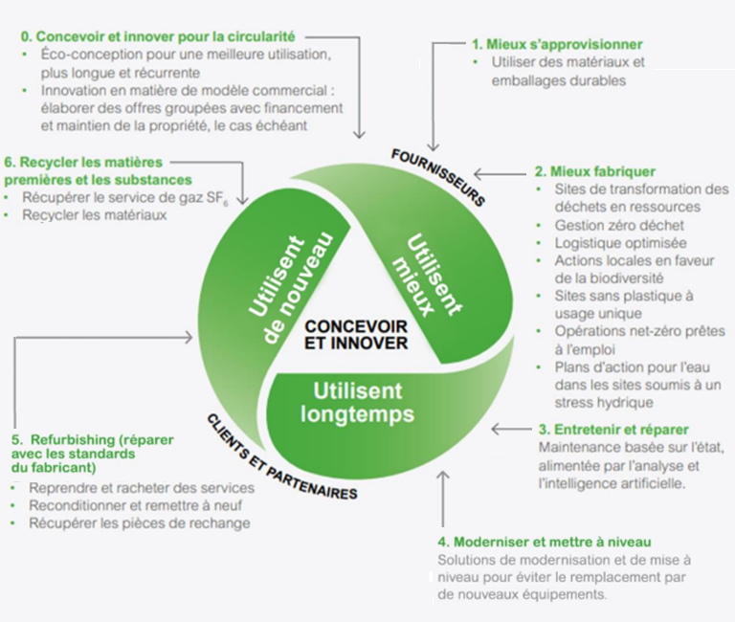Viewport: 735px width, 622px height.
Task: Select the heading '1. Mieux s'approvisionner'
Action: [556, 44]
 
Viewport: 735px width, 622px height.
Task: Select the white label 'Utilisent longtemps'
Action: [356, 402]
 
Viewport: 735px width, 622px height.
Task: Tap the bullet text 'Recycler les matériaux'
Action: [98, 215]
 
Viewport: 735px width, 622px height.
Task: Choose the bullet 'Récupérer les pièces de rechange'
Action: [139, 522]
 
